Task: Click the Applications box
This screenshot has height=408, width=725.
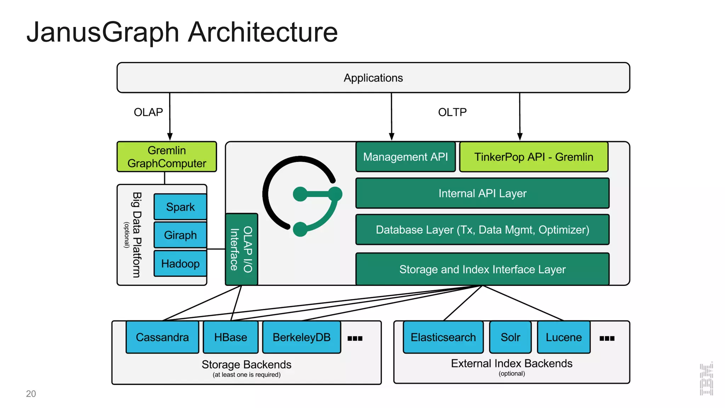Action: (x=373, y=78)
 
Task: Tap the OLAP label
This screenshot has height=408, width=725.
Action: (x=148, y=112)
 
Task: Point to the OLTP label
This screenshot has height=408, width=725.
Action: (x=452, y=112)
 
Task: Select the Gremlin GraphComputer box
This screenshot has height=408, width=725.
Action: (x=166, y=157)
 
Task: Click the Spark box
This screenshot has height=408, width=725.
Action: (x=180, y=207)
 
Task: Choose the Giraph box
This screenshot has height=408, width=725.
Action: (x=180, y=235)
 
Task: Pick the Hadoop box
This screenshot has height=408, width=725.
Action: (x=180, y=263)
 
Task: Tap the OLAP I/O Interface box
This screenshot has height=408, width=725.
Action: (x=241, y=249)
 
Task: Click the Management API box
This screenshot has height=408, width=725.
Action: (x=405, y=157)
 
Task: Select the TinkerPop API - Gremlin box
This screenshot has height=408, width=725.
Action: (x=533, y=157)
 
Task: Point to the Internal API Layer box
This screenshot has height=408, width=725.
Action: (x=482, y=193)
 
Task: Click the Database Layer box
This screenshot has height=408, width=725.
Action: (x=482, y=230)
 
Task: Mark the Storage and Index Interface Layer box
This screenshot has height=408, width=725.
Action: (x=482, y=269)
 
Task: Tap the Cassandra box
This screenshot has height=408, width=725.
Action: (x=162, y=337)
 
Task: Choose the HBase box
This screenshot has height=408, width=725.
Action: (x=230, y=337)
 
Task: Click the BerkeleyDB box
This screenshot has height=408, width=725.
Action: (x=301, y=337)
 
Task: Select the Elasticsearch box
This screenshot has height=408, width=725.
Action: (x=443, y=337)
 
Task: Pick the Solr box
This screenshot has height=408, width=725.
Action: (x=510, y=337)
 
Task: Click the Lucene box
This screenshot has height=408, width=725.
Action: (x=564, y=337)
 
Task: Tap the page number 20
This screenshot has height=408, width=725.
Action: (x=31, y=394)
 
